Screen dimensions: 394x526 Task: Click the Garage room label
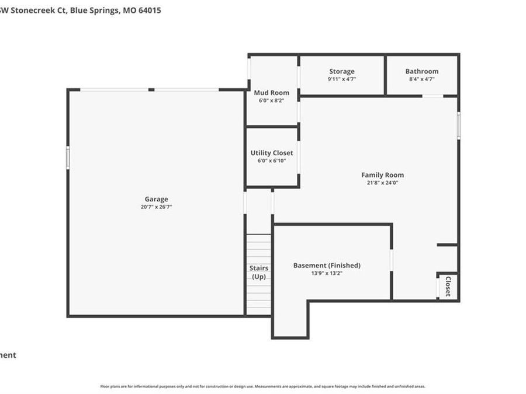tap(156, 199)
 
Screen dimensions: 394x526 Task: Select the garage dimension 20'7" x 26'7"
tap(156, 207)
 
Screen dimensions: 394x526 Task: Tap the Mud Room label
tap(271, 93)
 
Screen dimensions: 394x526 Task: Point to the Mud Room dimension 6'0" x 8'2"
tap(271, 100)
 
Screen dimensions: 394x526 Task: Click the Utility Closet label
tap(272, 153)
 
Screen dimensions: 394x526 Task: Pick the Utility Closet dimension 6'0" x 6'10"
tap(272, 161)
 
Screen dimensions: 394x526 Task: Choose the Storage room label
tap(341, 71)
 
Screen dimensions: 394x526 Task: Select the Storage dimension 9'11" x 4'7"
tap(341, 79)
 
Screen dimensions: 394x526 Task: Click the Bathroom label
tap(421, 71)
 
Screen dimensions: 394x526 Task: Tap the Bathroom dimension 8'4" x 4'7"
tap(421, 79)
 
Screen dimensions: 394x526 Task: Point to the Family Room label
tap(382, 175)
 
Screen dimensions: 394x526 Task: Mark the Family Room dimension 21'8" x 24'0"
tap(382, 183)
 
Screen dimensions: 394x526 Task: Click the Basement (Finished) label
tap(327, 265)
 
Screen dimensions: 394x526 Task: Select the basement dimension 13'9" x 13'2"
tap(327, 273)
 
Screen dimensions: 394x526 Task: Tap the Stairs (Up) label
tap(259, 272)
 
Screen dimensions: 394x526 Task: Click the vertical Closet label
tap(448, 287)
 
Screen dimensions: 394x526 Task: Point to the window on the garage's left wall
tap(68, 158)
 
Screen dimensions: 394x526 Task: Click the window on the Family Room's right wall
tap(459, 125)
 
